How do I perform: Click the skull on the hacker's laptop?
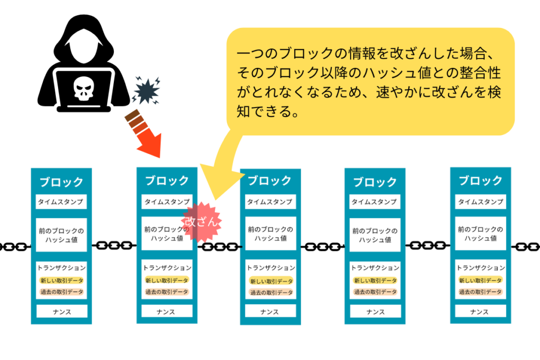pos(84,88)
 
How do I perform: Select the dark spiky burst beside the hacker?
pos(147,90)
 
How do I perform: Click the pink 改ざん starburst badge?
pos(201,222)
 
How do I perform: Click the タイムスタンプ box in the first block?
pos(61,202)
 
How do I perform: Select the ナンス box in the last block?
pos(480,312)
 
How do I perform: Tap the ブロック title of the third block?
pos(269,181)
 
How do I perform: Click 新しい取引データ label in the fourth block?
pos(375,280)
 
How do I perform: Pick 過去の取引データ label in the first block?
pos(62,292)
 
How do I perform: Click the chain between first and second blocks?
pos(114,246)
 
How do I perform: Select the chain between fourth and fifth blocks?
pos(428,246)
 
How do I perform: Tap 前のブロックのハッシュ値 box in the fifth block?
pos(480,233)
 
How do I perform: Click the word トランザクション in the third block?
pos(271,268)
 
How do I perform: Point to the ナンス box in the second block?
pos(167,312)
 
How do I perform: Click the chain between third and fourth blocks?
pos(323,247)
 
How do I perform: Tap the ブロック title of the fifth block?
pos(481,181)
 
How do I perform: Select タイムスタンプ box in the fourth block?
pos(375,202)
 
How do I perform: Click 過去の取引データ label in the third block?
pos(271,293)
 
